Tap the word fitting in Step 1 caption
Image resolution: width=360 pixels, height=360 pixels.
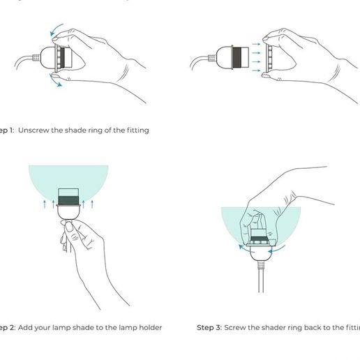coord(135,130)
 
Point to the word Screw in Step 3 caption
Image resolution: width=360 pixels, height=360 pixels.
coord(237,327)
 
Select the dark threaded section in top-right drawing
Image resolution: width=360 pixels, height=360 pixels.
coord(238,56)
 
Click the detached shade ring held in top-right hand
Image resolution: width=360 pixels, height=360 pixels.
coord(267,56)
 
